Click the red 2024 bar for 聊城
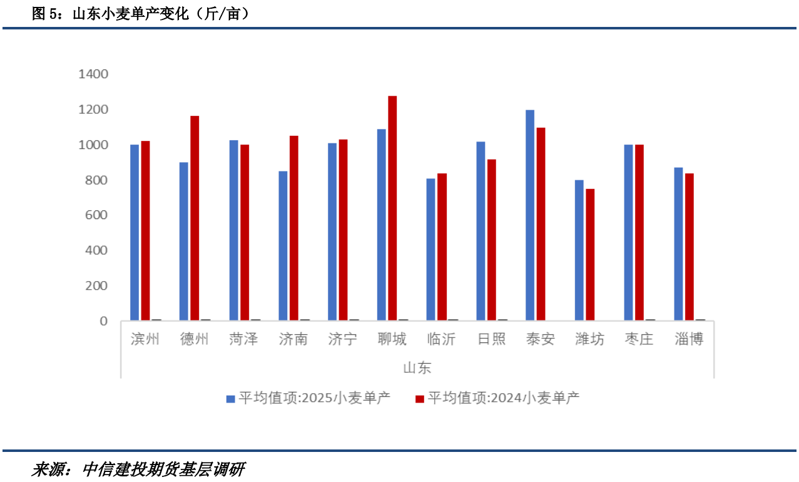coord(392,208)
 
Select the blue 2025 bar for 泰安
coord(530,215)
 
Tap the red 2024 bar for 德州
coord(195,218)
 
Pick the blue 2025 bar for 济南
coord(283,246)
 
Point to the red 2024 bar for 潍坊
coord(590,255)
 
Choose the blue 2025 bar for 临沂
coord(430,250)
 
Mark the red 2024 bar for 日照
coord(491,240)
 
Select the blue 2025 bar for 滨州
coord(135,233)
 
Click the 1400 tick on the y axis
coord(93,74)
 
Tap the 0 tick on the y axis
coord(104,321)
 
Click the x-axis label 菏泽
coord(243,339)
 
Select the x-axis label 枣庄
coord(639,339)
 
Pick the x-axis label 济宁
coord(342,339)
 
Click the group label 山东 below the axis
coord(417,367)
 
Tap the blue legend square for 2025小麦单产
coord(230,398)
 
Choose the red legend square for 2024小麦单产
coord(420,398)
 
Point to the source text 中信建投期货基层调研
coord(163,469)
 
